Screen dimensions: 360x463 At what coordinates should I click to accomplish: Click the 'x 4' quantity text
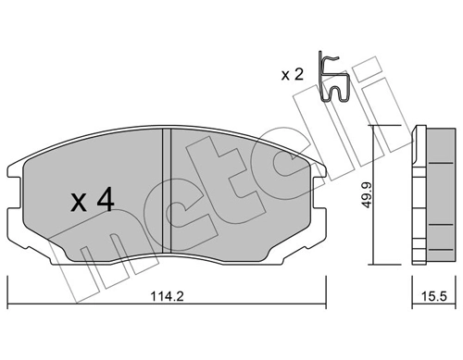point(93,201)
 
